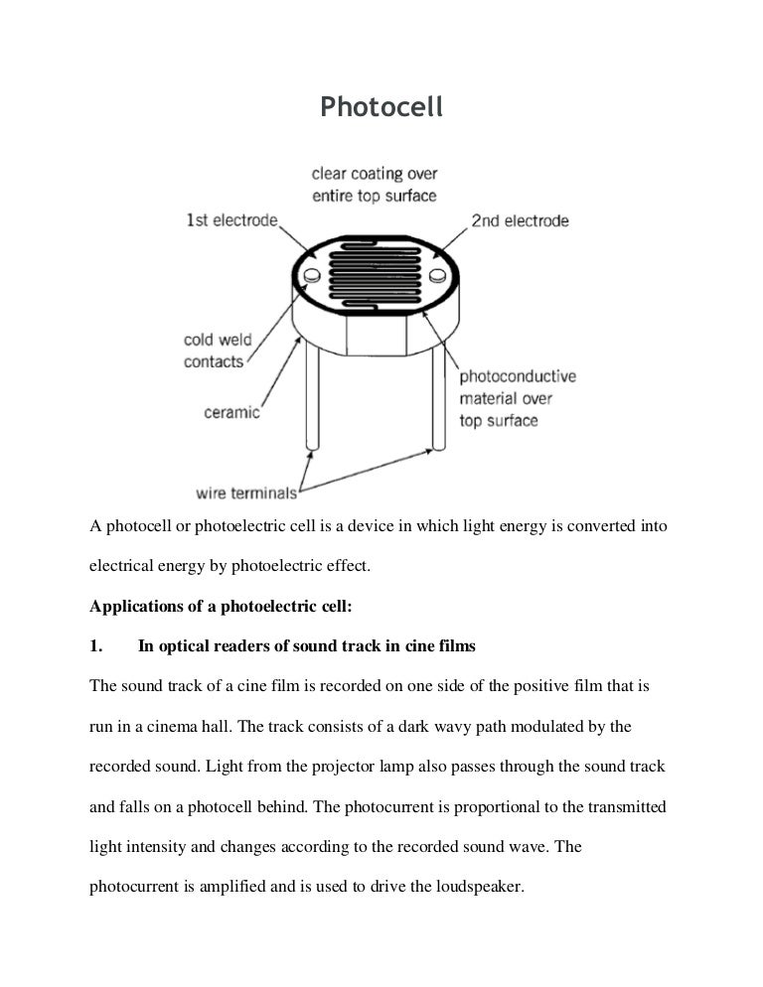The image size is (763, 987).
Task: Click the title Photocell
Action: tap(381, 107)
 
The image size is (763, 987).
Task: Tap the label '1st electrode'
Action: tap(231, 219)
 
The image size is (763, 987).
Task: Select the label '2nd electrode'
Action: tap(520, 219)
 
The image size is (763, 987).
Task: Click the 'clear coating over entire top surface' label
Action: tap(375, 185)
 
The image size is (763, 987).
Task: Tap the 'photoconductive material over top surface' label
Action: tap(517, 398)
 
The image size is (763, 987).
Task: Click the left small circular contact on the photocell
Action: tap(310, 274)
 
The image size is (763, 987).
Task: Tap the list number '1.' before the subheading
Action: tap(96, 646)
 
